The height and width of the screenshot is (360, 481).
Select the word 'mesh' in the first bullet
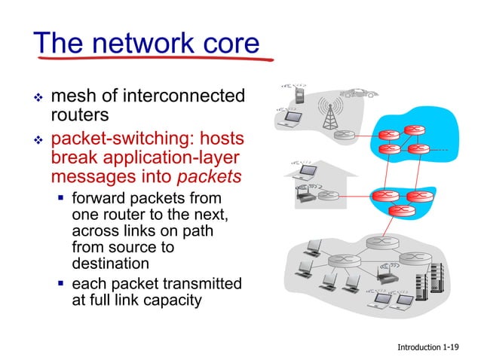click(x=75, y=96)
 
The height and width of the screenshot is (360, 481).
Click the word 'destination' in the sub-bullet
click(x=110, y=264)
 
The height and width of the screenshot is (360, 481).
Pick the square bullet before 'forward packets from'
click(x=60, y=199)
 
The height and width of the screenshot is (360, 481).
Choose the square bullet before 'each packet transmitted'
click(x=60, y=284)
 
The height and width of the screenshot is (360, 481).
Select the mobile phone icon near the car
click(x=301, y=96)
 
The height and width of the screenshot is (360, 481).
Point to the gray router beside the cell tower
click(x=345, y=136)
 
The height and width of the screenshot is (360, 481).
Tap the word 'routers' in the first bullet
click(x=80, y=115)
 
